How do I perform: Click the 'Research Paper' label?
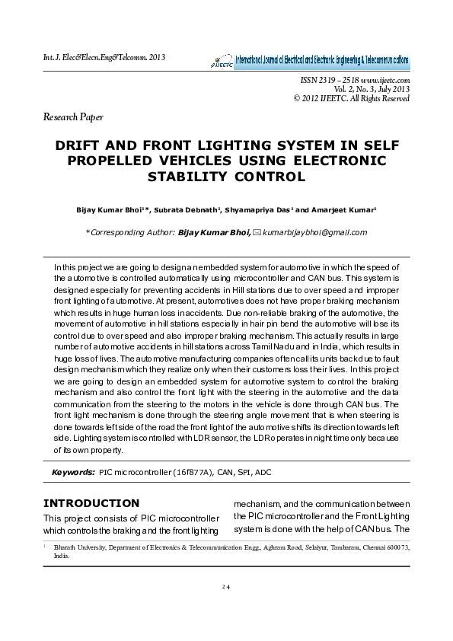[x=73, y=117]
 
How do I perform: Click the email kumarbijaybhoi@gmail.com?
[x=314, y=233]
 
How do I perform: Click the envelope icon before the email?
[x=257, y=233]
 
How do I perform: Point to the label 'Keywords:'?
[x=73, y=473]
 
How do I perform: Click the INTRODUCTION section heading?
[x=91, y=503]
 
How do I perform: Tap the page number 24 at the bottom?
[x=226, y=587]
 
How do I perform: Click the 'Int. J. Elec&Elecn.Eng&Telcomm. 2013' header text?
[x=104, y=57]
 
